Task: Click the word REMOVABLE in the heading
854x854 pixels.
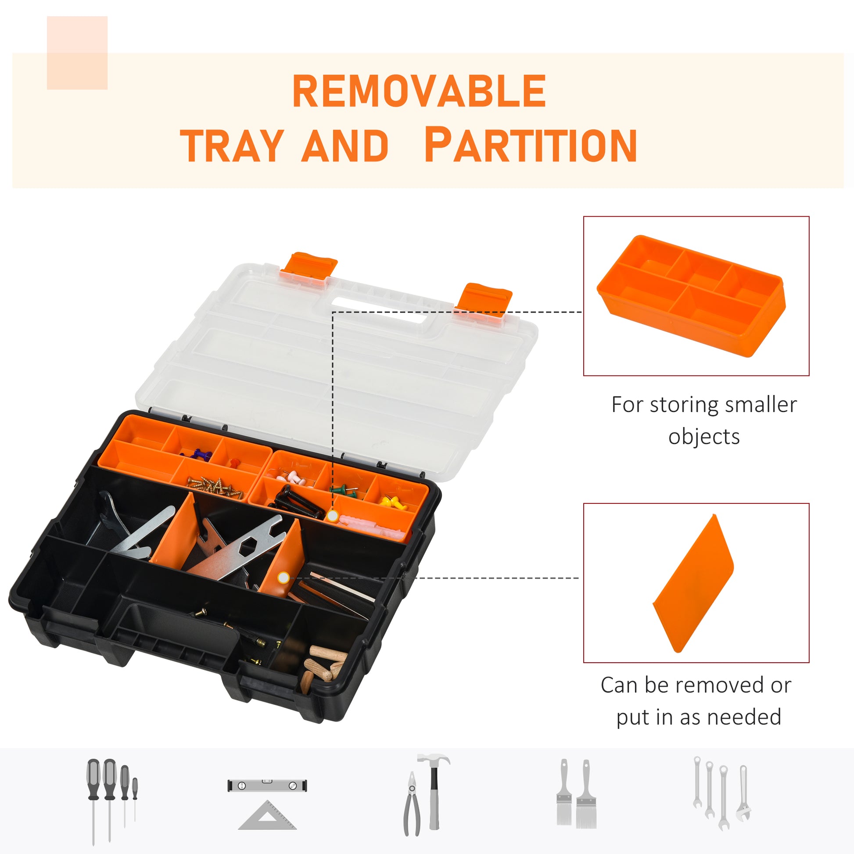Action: click(419, 91)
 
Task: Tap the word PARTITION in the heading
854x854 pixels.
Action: click(531, 145)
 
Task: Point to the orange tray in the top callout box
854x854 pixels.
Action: click(691, 296)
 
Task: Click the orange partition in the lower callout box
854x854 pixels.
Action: click(693, 583)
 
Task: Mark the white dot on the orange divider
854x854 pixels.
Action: click(284, 577)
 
